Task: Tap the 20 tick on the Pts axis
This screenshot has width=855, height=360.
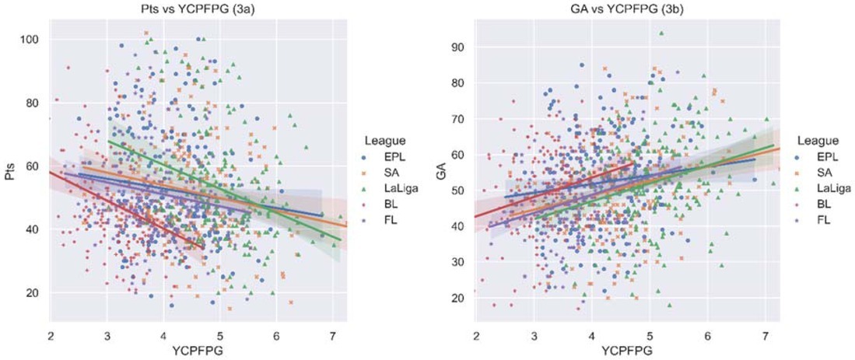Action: click(x=35, y=294)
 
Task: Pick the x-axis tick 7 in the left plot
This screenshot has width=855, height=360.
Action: click(x=332, y=335)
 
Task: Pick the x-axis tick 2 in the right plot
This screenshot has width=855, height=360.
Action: click(x=476, y=335)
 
